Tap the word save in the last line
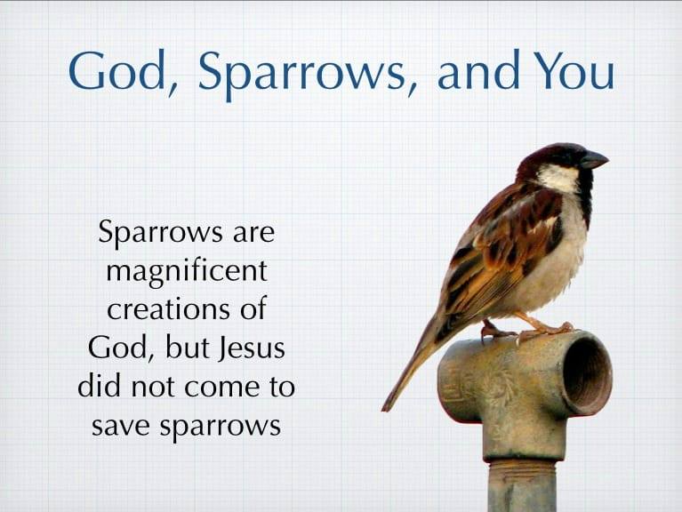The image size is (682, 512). pyautogui.click(x=122, y=426)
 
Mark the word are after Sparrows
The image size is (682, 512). pyautogui.click(x=247, y=233)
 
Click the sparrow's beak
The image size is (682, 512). pyautogui.click(x=594, y=160)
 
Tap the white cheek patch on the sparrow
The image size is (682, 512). pyautogui.click(x=558, y=179)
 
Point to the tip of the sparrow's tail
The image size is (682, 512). pyautogui.click(x=387, y=407)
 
